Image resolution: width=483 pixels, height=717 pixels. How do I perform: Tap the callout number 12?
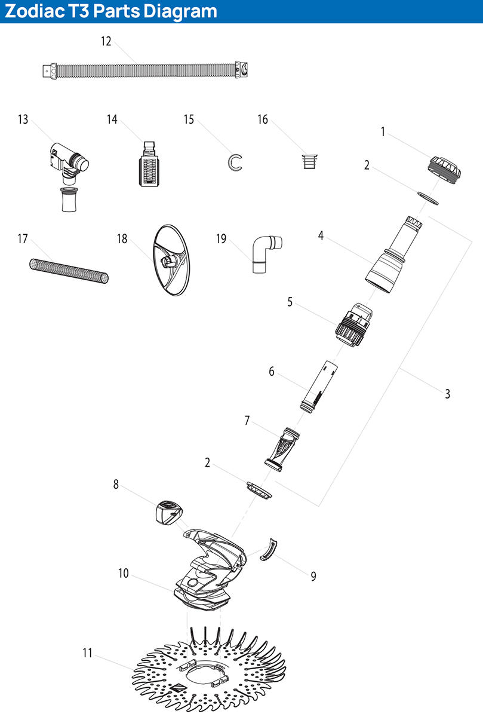pos(106,41)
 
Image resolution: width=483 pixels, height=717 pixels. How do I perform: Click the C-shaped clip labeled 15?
pos(235,162)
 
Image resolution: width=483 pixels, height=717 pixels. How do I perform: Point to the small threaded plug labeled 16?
pos(308,162)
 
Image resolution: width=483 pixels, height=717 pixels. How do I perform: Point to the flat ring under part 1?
pos(426,197)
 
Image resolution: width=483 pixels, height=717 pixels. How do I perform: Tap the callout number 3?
pos(447,394)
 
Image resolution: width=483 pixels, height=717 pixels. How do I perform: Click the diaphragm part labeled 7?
pos(281,447)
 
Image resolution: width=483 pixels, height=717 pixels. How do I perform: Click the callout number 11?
pos(88,653)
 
